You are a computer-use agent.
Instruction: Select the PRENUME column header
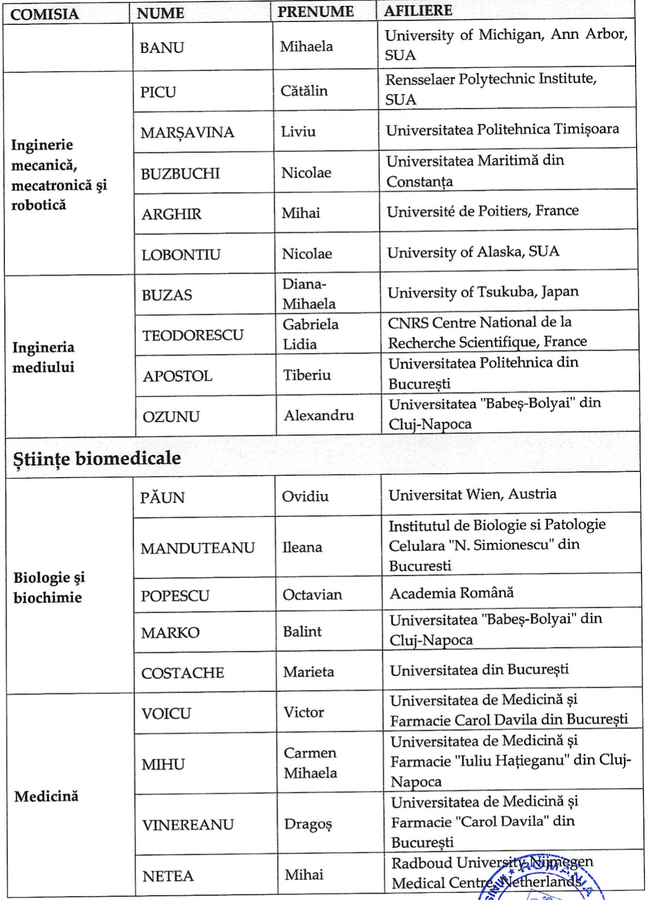tap(315, 12)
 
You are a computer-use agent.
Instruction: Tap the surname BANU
tap(162, 48)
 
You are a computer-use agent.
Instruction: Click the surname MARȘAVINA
tap(187, 133)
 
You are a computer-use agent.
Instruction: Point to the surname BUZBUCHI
tap(180, 174)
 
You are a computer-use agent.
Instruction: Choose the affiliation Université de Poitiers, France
tap(482, 211)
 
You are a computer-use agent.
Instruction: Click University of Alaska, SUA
tap(473, 253)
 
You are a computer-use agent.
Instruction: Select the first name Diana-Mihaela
tap(309, 294)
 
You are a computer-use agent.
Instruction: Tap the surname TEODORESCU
tap(193, 335)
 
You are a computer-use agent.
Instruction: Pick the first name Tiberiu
tap(307, 376)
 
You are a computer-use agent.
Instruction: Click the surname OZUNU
tap(171, 417)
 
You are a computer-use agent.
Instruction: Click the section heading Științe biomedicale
tap(97, 458)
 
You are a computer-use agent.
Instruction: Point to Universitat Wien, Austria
tap(472, 494)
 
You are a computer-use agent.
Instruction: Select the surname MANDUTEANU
tap(198, 548)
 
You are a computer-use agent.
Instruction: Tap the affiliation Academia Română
tap(451, 593)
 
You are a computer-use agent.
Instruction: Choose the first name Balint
tap(302, 631)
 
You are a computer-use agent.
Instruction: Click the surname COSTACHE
tap(183, 673)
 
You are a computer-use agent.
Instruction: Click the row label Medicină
tap(46, 796)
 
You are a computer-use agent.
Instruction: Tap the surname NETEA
tap(168, 876)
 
